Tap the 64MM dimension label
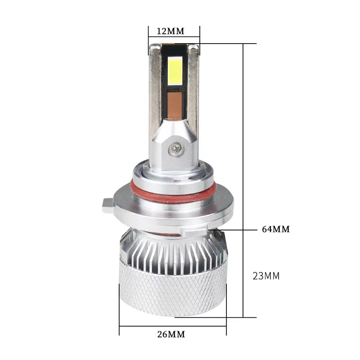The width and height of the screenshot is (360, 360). (x=276, y=229)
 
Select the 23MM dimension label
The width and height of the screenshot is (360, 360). (x=266, y=276)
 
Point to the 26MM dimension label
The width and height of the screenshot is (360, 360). (x=171, y=334)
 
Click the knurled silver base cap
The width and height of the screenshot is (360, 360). (x=173, y=288)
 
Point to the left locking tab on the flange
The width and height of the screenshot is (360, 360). (x=107, y=206)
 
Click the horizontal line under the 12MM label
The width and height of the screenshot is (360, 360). (x=174, y=38)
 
